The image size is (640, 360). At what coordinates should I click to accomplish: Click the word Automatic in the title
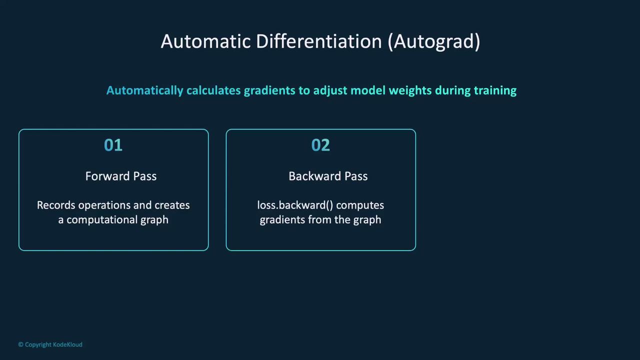pos(205,41)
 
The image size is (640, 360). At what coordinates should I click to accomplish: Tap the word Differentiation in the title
pos(319,41)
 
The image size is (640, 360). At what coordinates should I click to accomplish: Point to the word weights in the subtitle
pos(410,91)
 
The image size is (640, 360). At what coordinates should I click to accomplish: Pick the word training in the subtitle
pos(495,91)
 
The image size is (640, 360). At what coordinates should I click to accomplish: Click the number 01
pos(113,145)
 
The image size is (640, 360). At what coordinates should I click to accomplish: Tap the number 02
pos(320,145)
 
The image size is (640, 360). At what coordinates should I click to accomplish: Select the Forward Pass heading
pos(121,176)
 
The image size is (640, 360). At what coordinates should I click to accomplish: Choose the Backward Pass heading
pos(328,176)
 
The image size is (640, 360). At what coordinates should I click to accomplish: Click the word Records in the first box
pos(56,205)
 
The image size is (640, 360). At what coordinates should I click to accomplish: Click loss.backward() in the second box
pos(295,205)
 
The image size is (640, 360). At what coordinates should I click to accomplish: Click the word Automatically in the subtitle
pos(144,91)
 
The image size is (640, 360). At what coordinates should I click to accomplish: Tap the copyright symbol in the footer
pos(21,344)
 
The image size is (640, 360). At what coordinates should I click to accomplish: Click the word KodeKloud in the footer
pos(67,344)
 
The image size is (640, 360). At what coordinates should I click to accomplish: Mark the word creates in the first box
pos(172,205)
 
